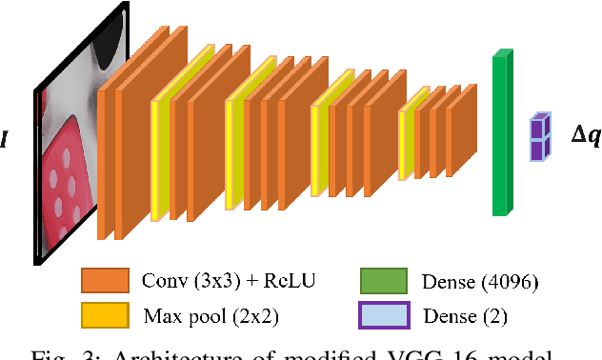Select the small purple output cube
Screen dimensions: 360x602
pyautogui.click(x=540, y=135)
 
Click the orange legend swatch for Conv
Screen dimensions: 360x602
pyautogui.click(x=106, y=281)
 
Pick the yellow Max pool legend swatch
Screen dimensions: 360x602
pyautogui.click(x=106, y=314)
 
